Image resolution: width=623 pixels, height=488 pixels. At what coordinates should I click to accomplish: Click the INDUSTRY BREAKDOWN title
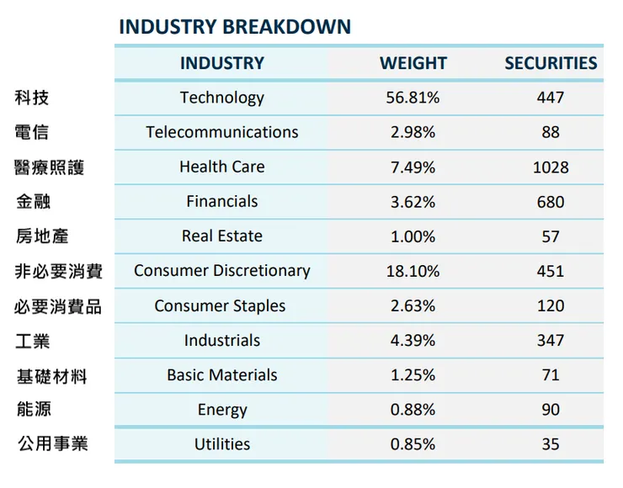pyautogui.click(x=234, y=26)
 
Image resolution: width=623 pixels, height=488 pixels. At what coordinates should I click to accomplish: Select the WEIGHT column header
pyautogui.click(x=413, y=63)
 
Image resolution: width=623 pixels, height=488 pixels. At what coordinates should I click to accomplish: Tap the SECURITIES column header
pyautogui.click(x=551, y=63)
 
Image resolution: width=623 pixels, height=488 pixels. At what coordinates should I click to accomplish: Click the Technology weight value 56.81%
pyautogui.click(x=413, y=98)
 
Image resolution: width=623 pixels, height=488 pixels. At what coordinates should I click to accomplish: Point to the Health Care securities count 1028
pyautogui.click(x=551, y=167)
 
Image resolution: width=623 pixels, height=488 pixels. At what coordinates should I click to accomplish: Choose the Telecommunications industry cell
pyautogui.click(x=221, y=132)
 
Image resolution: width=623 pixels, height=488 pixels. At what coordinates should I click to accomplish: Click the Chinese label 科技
pyautogui.click(x=32, y=98)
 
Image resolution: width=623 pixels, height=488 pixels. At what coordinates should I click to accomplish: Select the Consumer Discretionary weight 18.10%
pyautogui.click(x=413, y=271)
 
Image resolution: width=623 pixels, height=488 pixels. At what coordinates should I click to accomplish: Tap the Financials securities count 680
pyautogui.click(x=551, y=202)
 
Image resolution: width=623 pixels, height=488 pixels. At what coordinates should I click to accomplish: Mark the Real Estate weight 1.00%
pyautogui.click(x=413, y=236)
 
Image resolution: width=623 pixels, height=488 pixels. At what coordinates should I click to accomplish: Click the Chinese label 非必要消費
pyautogui.click(x=58, y=271)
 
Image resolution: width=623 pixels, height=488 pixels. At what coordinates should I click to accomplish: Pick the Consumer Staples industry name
pyautogui.click(x=220, y=306)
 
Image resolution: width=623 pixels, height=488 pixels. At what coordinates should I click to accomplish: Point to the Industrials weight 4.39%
pyautogui.click(x=413, y=341)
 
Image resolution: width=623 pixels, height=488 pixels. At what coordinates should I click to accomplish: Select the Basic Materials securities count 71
pyautogui.click(x=551, y=375)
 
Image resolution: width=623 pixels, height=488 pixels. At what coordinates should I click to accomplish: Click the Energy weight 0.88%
pyautogui.click(x=413, y=410)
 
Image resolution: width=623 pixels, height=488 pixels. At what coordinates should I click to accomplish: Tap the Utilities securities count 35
pyautogui.click(x=551, y=444)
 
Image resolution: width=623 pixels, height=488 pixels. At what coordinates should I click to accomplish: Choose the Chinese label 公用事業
pyautogui.click(x=52, y=443)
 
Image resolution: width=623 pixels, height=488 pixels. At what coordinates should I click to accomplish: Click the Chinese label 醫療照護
pyautogui.click(x=49, y=167)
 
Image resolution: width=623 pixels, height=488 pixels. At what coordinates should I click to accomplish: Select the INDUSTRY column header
pyautogui.click(x=221, y=63)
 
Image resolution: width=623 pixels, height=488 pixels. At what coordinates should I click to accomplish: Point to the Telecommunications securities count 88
pyautogui.click(x=551, y=132)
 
